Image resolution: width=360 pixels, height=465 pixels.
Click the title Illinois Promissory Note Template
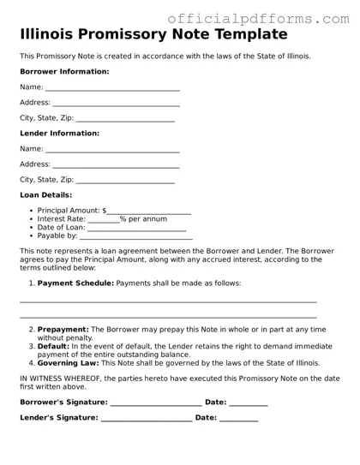[153, 34]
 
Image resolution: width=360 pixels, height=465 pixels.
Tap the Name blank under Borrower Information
[112, 88]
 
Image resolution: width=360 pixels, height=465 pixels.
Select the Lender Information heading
[59, 134]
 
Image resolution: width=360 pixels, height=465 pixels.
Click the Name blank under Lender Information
[112, 150]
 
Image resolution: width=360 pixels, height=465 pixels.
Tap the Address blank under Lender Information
[116, 165]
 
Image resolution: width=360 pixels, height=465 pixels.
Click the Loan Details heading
[45, 195]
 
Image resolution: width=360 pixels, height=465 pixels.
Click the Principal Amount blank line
[149, 211]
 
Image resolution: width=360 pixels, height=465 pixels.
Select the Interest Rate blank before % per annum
[104, 219]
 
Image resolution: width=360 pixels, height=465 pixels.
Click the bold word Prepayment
[63, 329]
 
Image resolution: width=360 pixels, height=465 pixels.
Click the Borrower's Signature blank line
[156, 402]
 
